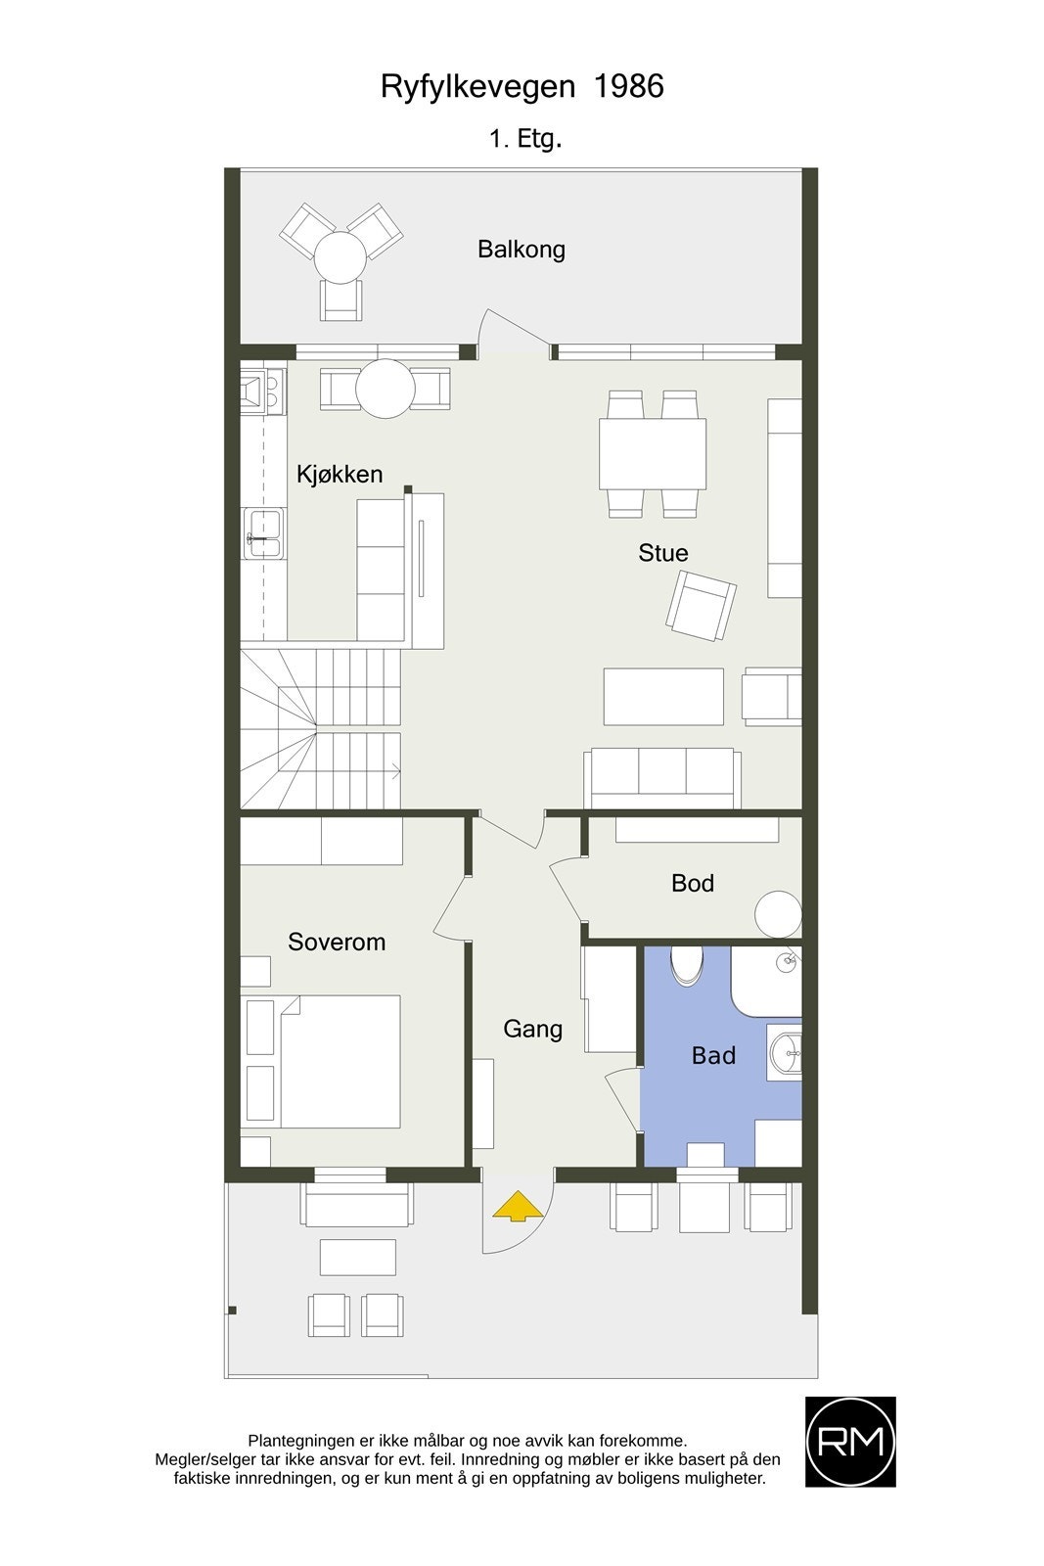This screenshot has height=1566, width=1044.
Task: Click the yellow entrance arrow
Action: tap(518, 1206)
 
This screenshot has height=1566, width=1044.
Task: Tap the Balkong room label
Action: tap(522, 250)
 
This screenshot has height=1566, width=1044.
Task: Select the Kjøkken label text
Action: tap(340, 475)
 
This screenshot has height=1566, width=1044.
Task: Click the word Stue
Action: tap(663, 553)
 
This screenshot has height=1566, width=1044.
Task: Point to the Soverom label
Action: tap(337, 942)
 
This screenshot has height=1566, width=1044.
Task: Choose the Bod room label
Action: tap(693, 884)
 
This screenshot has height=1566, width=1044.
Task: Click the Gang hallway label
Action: tap(533, 1029)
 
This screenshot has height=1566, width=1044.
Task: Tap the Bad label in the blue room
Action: tap(713, 1056)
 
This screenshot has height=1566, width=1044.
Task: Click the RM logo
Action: tap(850, 1442)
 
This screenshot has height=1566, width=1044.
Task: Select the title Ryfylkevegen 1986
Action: tap(522, 87)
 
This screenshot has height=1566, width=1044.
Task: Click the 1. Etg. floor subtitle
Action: tap(525, 139)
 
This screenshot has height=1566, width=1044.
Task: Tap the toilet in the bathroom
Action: tap(687, 963)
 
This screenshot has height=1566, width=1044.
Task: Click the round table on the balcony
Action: tap(340, 258)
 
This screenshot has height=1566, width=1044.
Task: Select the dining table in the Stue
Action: tap(653, 453)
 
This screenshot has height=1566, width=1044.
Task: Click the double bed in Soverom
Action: tap(340, 1061)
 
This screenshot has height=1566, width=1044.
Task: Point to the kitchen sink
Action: tap(263, 534)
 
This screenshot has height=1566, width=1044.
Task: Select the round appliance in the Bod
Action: tap(779, 914)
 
